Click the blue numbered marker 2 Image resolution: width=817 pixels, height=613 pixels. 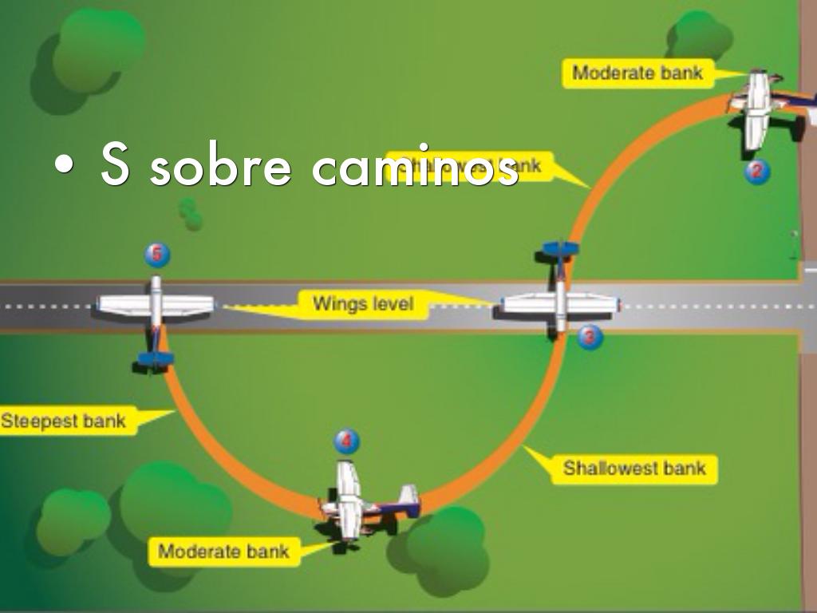757,171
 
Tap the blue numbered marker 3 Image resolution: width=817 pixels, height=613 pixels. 590,337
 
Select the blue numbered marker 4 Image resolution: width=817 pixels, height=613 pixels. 346,441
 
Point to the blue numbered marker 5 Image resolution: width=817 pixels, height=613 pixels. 157,255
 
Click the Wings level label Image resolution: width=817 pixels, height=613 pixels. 363,304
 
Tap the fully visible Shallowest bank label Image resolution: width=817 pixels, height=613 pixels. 634,468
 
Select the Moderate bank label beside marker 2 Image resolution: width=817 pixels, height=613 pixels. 637,73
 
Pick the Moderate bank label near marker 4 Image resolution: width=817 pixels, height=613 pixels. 223,551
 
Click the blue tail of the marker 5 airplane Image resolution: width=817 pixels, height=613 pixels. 156,358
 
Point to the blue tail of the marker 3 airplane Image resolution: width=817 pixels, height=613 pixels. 560,249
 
